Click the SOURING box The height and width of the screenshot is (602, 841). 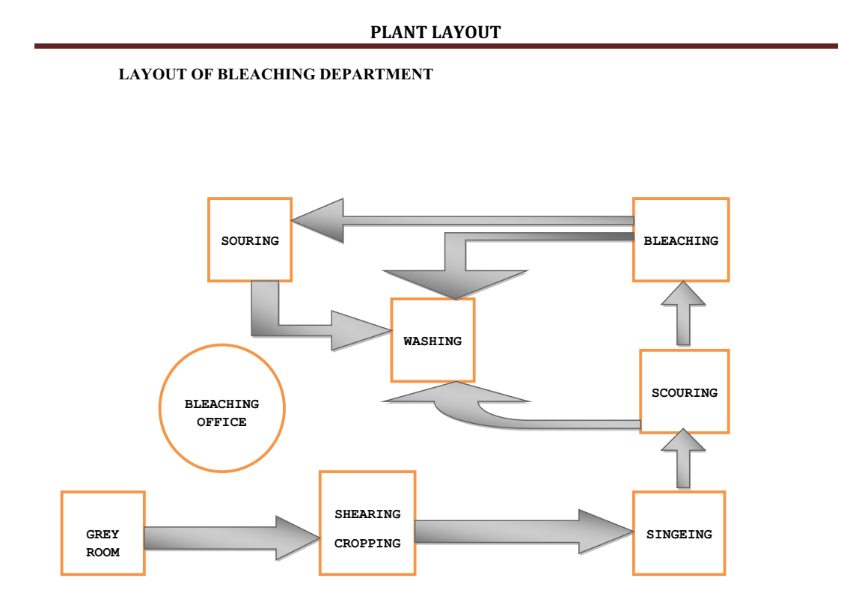[249, 240]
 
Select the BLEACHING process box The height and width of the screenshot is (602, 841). [680, 240]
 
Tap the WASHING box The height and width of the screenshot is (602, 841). [432, 341]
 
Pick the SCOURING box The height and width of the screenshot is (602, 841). [684, 392]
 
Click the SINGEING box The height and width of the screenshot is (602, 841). [679, 533]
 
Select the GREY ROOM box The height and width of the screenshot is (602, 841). [103, 533]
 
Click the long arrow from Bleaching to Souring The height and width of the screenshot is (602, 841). [464, 221]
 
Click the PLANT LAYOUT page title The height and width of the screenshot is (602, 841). [435, 32]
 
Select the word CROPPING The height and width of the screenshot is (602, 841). [367, 543]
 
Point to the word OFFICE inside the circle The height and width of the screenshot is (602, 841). [221, 422]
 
